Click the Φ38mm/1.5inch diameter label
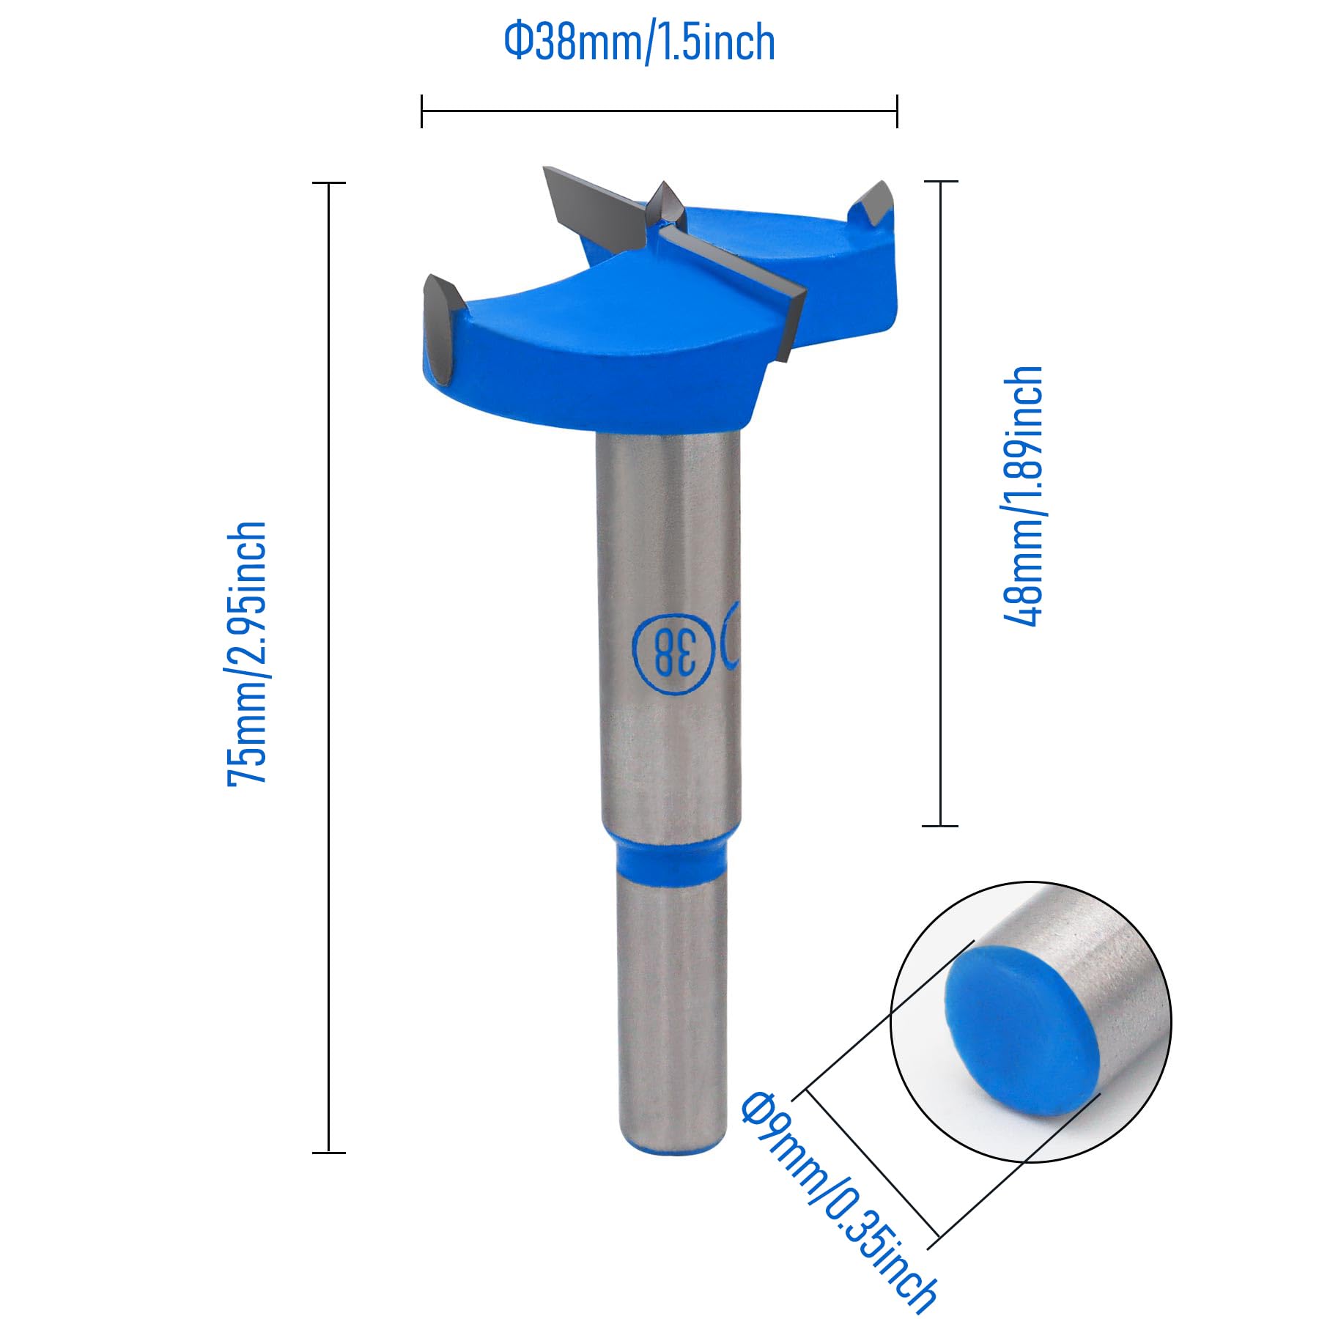click(x=639, y=43)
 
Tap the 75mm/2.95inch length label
click(x=247, y=654)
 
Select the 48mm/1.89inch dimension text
click(x=1023, y=496)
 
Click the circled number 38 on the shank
click(x=673, y=651)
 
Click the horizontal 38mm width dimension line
click(x=659, y=111)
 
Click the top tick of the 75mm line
click(x=329, y=182)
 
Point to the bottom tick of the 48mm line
click(x=940, y=826)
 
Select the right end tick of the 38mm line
click(x=897, y=111)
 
